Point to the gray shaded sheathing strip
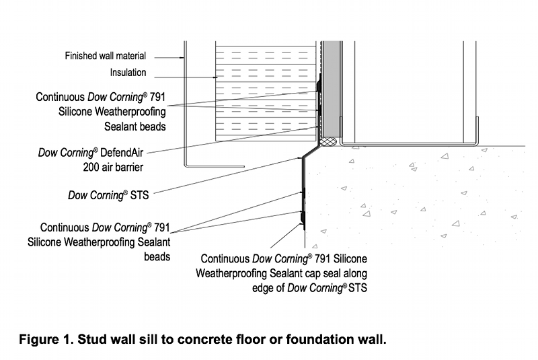(x=330, y=87)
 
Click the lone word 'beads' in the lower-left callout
(x=155, y=256)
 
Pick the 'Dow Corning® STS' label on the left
(x=108, y=195)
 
